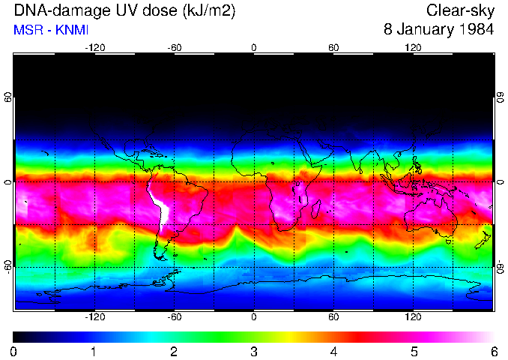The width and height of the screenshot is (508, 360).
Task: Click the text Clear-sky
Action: click(x=460, y=11)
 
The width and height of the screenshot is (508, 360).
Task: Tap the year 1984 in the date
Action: click(x=474, y=30)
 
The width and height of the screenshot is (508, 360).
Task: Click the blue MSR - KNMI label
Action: click(x=50, y=30)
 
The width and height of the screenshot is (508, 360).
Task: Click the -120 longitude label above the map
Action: click(x=94, y=47)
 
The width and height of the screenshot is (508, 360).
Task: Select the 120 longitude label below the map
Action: click(x=413, y=317)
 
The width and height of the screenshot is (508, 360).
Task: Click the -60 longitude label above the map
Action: click(x=174, y=47)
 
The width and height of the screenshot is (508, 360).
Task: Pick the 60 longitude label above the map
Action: click(x=333, y=47)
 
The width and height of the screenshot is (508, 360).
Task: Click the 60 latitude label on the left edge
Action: click(x=8, y=98)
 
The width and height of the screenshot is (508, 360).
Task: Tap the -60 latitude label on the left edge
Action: click(x=8, y=266)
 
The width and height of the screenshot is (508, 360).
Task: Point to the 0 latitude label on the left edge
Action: click(x=8, y=182)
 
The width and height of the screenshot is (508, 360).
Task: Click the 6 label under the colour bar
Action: click(x=493, y=351)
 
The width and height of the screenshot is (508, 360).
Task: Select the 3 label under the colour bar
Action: click(x=253, y=351)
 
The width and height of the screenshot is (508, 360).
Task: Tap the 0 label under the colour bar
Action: click(x=14, y=351)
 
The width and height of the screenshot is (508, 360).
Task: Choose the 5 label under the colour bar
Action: click(x=413, y=351)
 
